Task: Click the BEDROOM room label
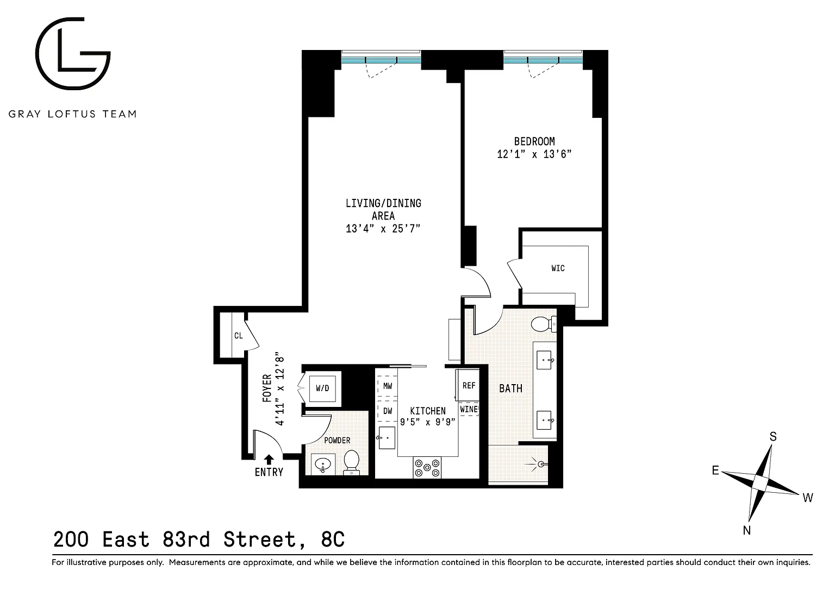[534, 142]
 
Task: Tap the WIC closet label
[558, 268]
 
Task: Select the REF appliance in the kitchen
[468, 385]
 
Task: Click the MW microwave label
[388, 386]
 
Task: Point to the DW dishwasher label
[388, 411]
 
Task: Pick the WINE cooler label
[469, 409]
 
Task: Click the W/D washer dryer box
[322, 388]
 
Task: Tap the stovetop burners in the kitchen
[427, 467]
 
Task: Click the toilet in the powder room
[351, 463]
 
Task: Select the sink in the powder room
[323, 465]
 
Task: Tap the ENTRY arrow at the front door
[269, 460]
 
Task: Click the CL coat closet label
[239, 336]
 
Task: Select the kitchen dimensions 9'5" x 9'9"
[428, 422]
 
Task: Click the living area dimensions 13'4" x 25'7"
[383, 228]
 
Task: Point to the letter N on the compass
[746, 530]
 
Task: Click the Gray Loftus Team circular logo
[73, 53]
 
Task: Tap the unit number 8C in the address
[333, 539]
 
